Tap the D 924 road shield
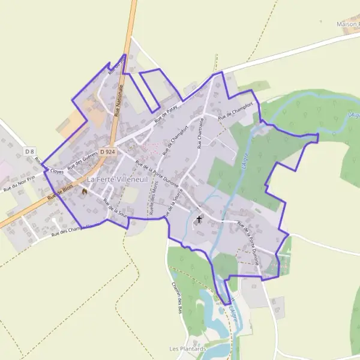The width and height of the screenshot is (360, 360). click(107, 152)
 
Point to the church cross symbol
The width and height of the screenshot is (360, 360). click(199, 219)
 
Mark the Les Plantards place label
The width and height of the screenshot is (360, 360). click(188, 349)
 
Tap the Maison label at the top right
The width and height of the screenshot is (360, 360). click(348, 24)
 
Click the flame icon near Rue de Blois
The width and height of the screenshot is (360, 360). click(85, 191)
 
